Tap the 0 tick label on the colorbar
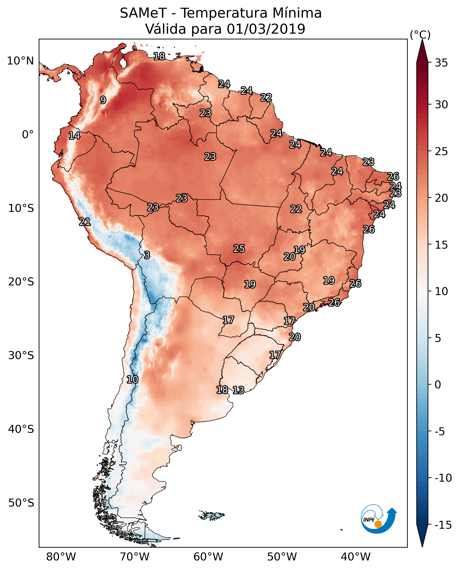pos(438,385)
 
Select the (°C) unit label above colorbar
pos(420,35)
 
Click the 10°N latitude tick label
pos(20,61)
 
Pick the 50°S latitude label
pos(21,503)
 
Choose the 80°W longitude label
pos(61,557)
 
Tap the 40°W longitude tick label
pos(356,557)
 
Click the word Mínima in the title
pos(297,13)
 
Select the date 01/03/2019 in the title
pos(266,29)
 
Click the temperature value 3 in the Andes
pos(147,255)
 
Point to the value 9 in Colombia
pos(103,100)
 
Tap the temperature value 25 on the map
pos(239,249)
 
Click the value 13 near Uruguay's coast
pos(239,390)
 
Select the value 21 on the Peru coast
pos(85,222)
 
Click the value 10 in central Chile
pos(132,380)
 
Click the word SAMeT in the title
pos(143,13)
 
